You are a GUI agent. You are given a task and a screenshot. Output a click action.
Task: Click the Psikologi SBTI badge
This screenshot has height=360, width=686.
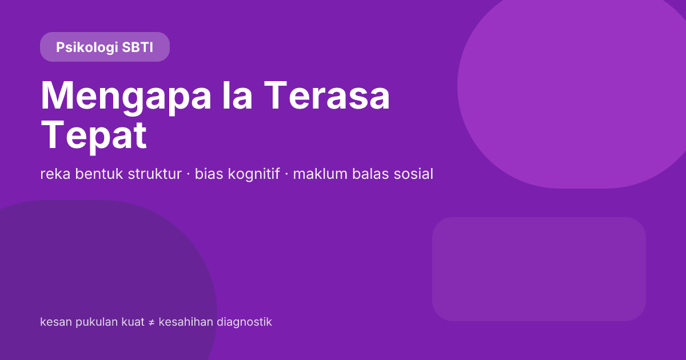[105, 47]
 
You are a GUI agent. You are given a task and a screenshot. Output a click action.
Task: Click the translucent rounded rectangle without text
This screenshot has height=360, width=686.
[539, 269]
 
